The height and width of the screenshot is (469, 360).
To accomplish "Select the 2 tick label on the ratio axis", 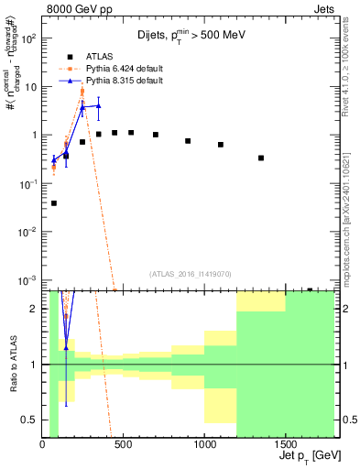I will (34, 309).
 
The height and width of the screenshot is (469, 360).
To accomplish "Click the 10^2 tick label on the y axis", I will (27, 39).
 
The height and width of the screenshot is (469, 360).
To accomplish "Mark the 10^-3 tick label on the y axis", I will (27, 278).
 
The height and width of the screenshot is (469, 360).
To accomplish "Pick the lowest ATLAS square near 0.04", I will (54, 203).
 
